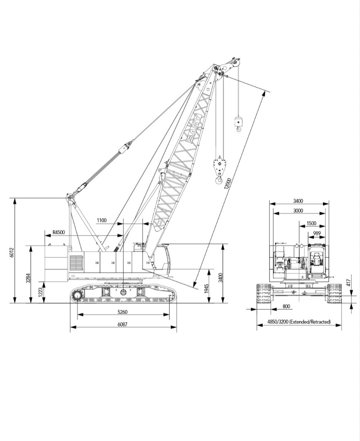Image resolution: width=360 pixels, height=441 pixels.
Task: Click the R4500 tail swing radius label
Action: pos(59,233)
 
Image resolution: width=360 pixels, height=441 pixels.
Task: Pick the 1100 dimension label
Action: pos(102,220)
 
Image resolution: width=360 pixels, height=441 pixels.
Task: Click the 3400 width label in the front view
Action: pos(298,201)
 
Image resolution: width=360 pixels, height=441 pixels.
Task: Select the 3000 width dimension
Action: pos(298,211)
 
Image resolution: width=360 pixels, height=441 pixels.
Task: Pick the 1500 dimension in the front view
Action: pos(311,224)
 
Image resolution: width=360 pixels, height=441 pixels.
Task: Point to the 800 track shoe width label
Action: pos(286,306)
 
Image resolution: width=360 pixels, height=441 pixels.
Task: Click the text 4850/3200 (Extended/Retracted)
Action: pos(299,322)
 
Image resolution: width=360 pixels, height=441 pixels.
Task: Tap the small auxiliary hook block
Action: pos(238,122)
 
